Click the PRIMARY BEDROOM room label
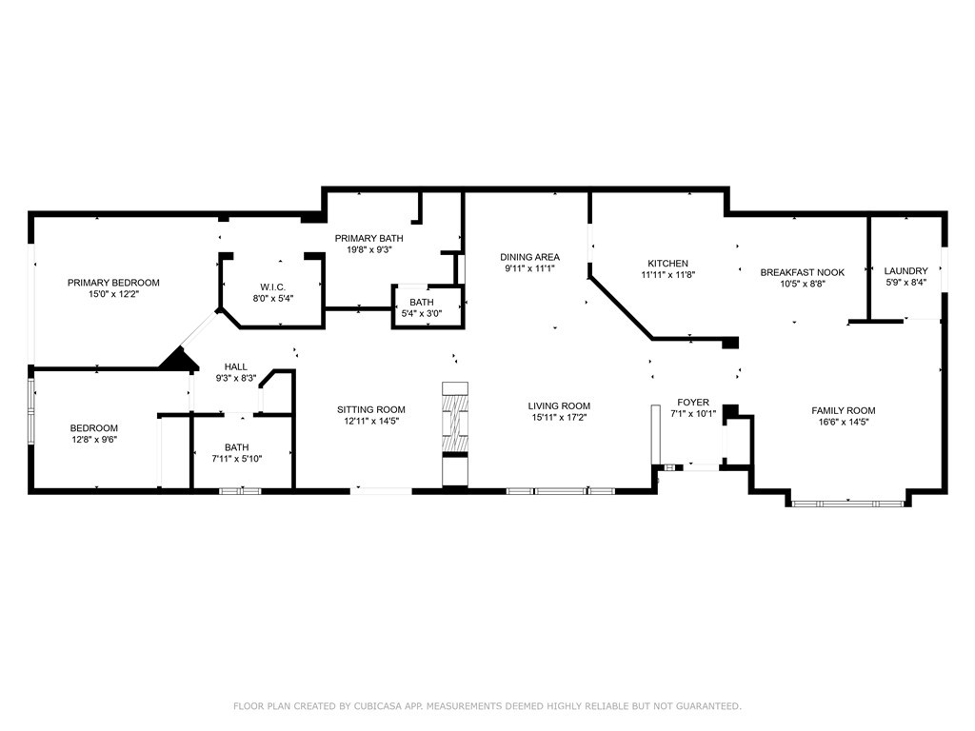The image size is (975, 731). [113, 283]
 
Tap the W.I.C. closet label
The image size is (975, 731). [273, 287]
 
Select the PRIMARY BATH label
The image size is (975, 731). [368, 238]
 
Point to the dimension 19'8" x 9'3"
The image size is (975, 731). [368, 250]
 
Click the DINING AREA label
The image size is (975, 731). [529, 257]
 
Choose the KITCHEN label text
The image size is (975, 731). [667, 264]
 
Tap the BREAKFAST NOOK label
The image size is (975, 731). [802, 272]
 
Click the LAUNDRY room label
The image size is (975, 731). [906, 271]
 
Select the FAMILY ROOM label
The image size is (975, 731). [844, 410]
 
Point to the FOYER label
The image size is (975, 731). [693, 403]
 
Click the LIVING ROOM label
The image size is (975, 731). [559, 405]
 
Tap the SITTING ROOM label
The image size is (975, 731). [371, 409]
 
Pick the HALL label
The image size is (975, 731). [236, 366]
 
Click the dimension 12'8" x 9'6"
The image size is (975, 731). [94, 440]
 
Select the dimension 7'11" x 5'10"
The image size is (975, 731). [237, 459]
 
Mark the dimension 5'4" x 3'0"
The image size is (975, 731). [422, 313]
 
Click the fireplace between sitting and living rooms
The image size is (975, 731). [454, 434]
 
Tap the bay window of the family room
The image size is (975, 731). [848, 503]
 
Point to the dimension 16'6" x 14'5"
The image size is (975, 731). [844, 422]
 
